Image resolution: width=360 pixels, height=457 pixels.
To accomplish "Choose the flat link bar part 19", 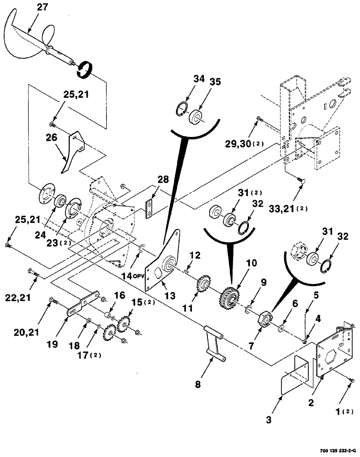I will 85,306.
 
